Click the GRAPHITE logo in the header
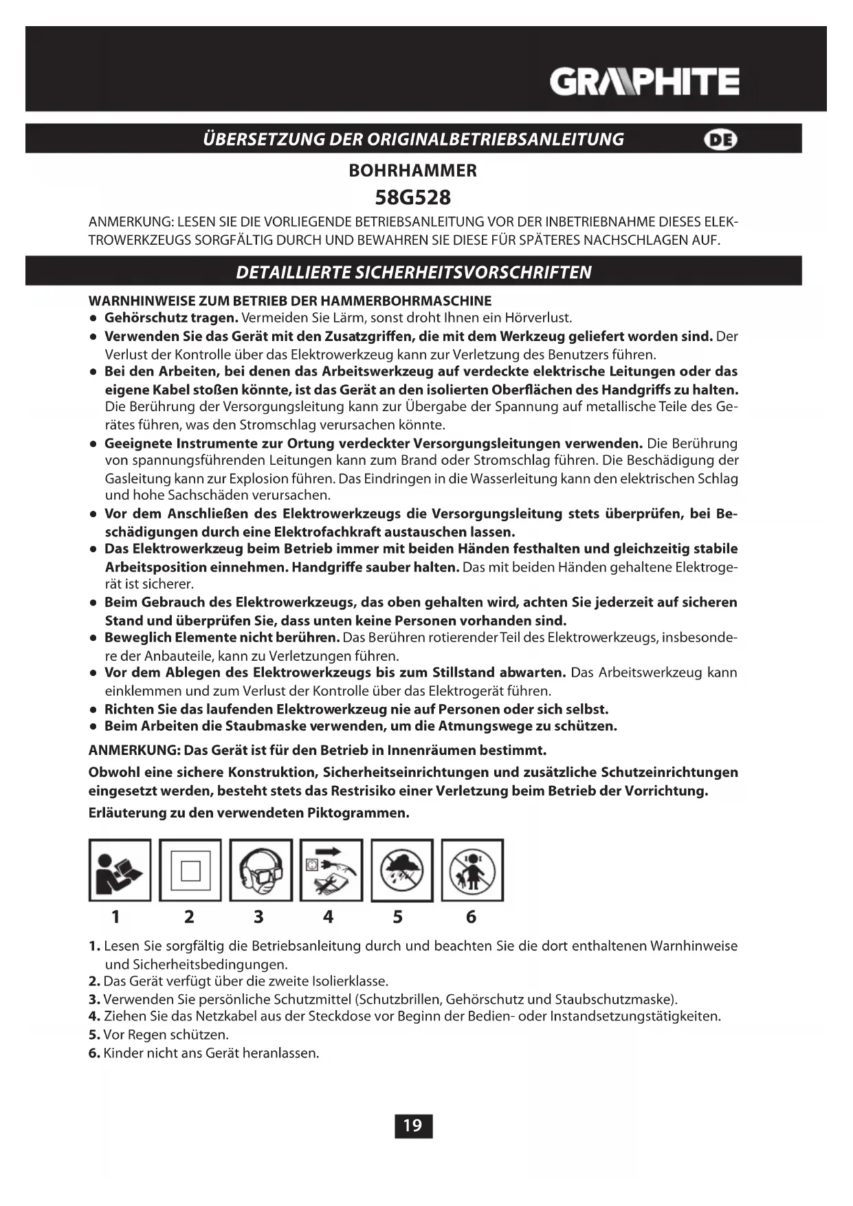click(x=644, y=82)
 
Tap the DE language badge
click(x=720, y=140)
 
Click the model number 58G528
click(x=412, y=198)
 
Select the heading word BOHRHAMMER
click(x=412, y=171)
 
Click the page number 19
click(x=413, y=1126)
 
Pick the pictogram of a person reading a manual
click(x=120, y=870)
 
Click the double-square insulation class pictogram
click(x=190, y=870)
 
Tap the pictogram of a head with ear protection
click(x=261, y=870)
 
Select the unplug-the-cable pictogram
click(x=331, y=870)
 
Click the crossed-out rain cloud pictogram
click(x=402, y=870)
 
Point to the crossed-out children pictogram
click(x=472, y=870)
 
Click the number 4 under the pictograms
click(x=328, y=917)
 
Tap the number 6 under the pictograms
click(x=471, y=917)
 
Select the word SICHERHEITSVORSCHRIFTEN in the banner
click(x=472, y=272)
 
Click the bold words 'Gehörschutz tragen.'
click(x=171, y=318)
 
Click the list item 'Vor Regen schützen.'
click(x=166, y=1035)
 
